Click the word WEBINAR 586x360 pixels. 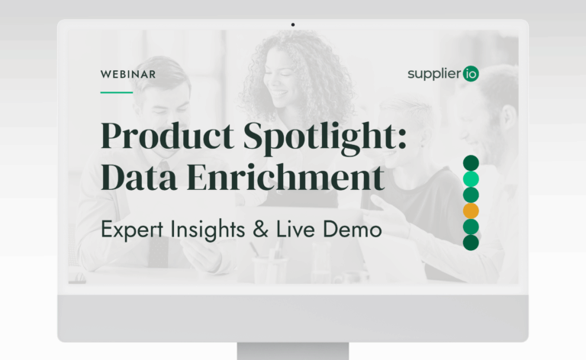click(128, 74)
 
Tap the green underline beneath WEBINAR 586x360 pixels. click(117, 92)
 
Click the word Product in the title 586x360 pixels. click(167, 135)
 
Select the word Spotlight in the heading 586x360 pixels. click(325, 137)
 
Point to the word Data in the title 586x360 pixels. click(139, 177)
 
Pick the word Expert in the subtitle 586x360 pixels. click(132, 230)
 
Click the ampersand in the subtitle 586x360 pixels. click(260, 229)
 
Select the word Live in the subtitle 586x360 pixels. click(295, 229)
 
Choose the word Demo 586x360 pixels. click(352, 229)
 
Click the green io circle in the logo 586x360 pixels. click(471, 73)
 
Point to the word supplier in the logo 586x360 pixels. click(434, 74)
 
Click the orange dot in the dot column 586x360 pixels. click(471, 211)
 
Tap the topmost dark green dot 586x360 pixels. click(471, 163)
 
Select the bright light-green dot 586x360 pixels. click(471, 179)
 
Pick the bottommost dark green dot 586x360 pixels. click(471, 243)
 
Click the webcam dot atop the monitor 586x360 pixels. click(293, 24)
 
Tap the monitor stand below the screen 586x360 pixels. click(293, 351)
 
